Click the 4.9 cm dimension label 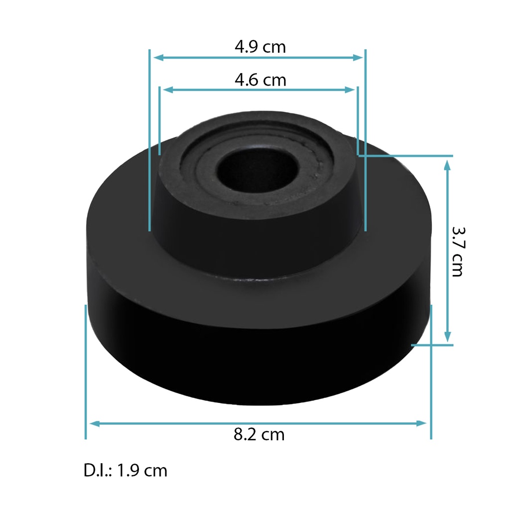[x=260, y=47]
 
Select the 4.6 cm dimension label [x=260, y=80]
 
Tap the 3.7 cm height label [x=457, y=252]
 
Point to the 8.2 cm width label [x=259, y=434]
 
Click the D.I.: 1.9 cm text [x=126, y=470]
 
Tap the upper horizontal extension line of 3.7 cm [x=408, y=156]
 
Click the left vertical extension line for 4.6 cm [x=159, y=120]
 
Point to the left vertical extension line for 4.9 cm [x=149, y=139]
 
